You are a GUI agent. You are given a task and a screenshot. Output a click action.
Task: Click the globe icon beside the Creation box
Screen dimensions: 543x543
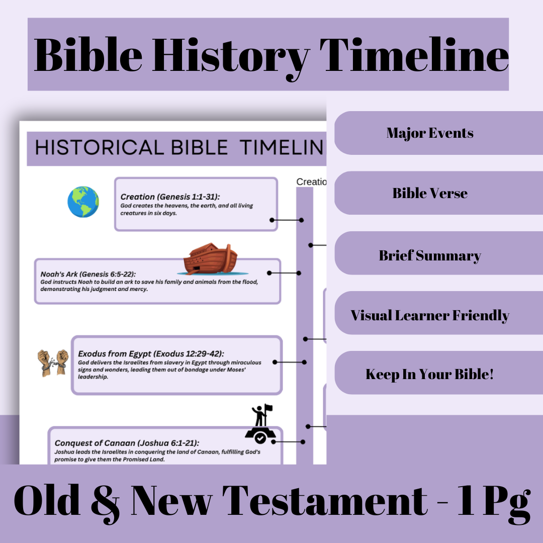[x=83, y=202]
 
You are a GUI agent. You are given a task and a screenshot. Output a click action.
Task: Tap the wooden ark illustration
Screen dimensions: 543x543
[x=210, y=259]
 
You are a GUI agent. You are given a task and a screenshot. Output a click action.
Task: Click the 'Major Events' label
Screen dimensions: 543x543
[x=430, y=133]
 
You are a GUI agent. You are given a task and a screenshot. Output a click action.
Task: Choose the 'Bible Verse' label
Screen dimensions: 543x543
[x=430, y=194]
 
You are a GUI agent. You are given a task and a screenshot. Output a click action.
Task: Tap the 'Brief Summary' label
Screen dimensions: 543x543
[x=430, y=255]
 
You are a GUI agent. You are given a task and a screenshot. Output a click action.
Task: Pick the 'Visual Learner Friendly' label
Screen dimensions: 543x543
[x=430, y=316]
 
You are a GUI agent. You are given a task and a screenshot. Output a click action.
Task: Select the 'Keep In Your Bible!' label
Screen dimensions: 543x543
[x=430, y=375]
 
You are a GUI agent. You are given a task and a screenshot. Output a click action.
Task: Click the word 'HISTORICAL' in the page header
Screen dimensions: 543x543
[x=100, y=147]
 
